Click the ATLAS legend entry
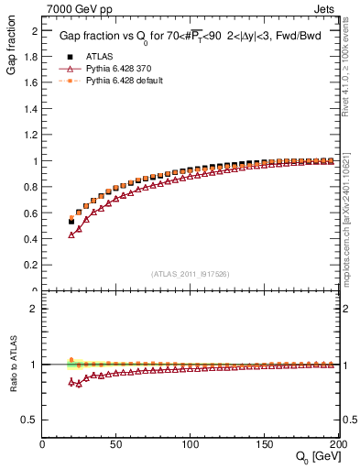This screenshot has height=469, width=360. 99,55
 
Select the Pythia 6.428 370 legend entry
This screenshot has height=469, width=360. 118,68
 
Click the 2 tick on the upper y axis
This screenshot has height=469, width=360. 36,30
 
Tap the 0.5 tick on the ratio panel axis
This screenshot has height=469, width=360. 32,420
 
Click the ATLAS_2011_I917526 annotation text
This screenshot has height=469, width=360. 190,275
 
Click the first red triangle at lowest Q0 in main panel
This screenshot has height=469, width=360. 71,235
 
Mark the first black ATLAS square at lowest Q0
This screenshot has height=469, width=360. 71,222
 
